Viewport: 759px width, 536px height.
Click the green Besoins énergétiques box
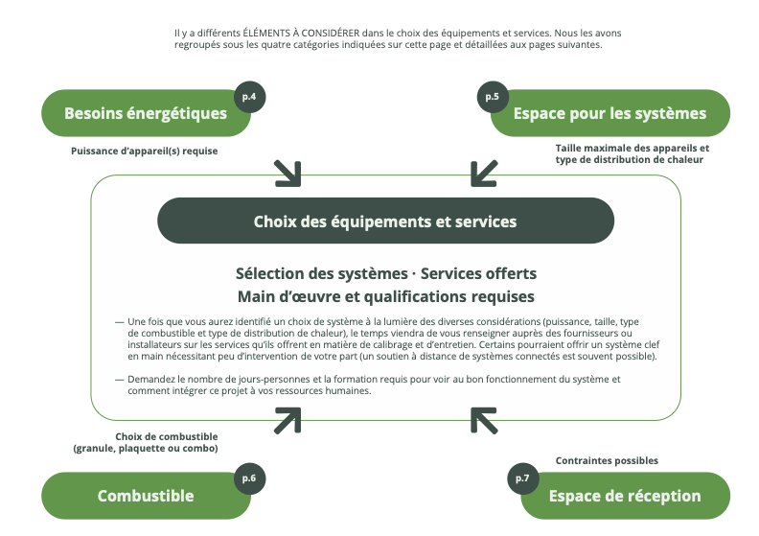[x=144, y=114]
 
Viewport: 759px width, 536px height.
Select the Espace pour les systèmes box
[x=609, y=114]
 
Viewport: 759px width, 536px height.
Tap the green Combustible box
[x=145, y=496]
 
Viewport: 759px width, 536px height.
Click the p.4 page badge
[x=249, y=97]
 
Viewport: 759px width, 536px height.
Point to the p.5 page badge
[x=492, y=97]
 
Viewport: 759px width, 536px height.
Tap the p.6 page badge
[x=249, y=478]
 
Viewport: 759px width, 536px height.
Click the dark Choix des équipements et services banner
[x=385, y=221]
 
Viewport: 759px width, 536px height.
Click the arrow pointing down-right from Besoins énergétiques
[x=287, y=173]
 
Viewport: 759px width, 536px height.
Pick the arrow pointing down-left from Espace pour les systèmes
[x=484, y=173]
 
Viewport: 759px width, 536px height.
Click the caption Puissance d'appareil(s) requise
[x=145, y=151]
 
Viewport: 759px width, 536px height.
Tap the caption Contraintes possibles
[x=607, y=460]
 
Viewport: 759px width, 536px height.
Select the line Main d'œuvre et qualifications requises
[x=385, y=296]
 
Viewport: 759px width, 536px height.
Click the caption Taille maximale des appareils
[x=632, y=148]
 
